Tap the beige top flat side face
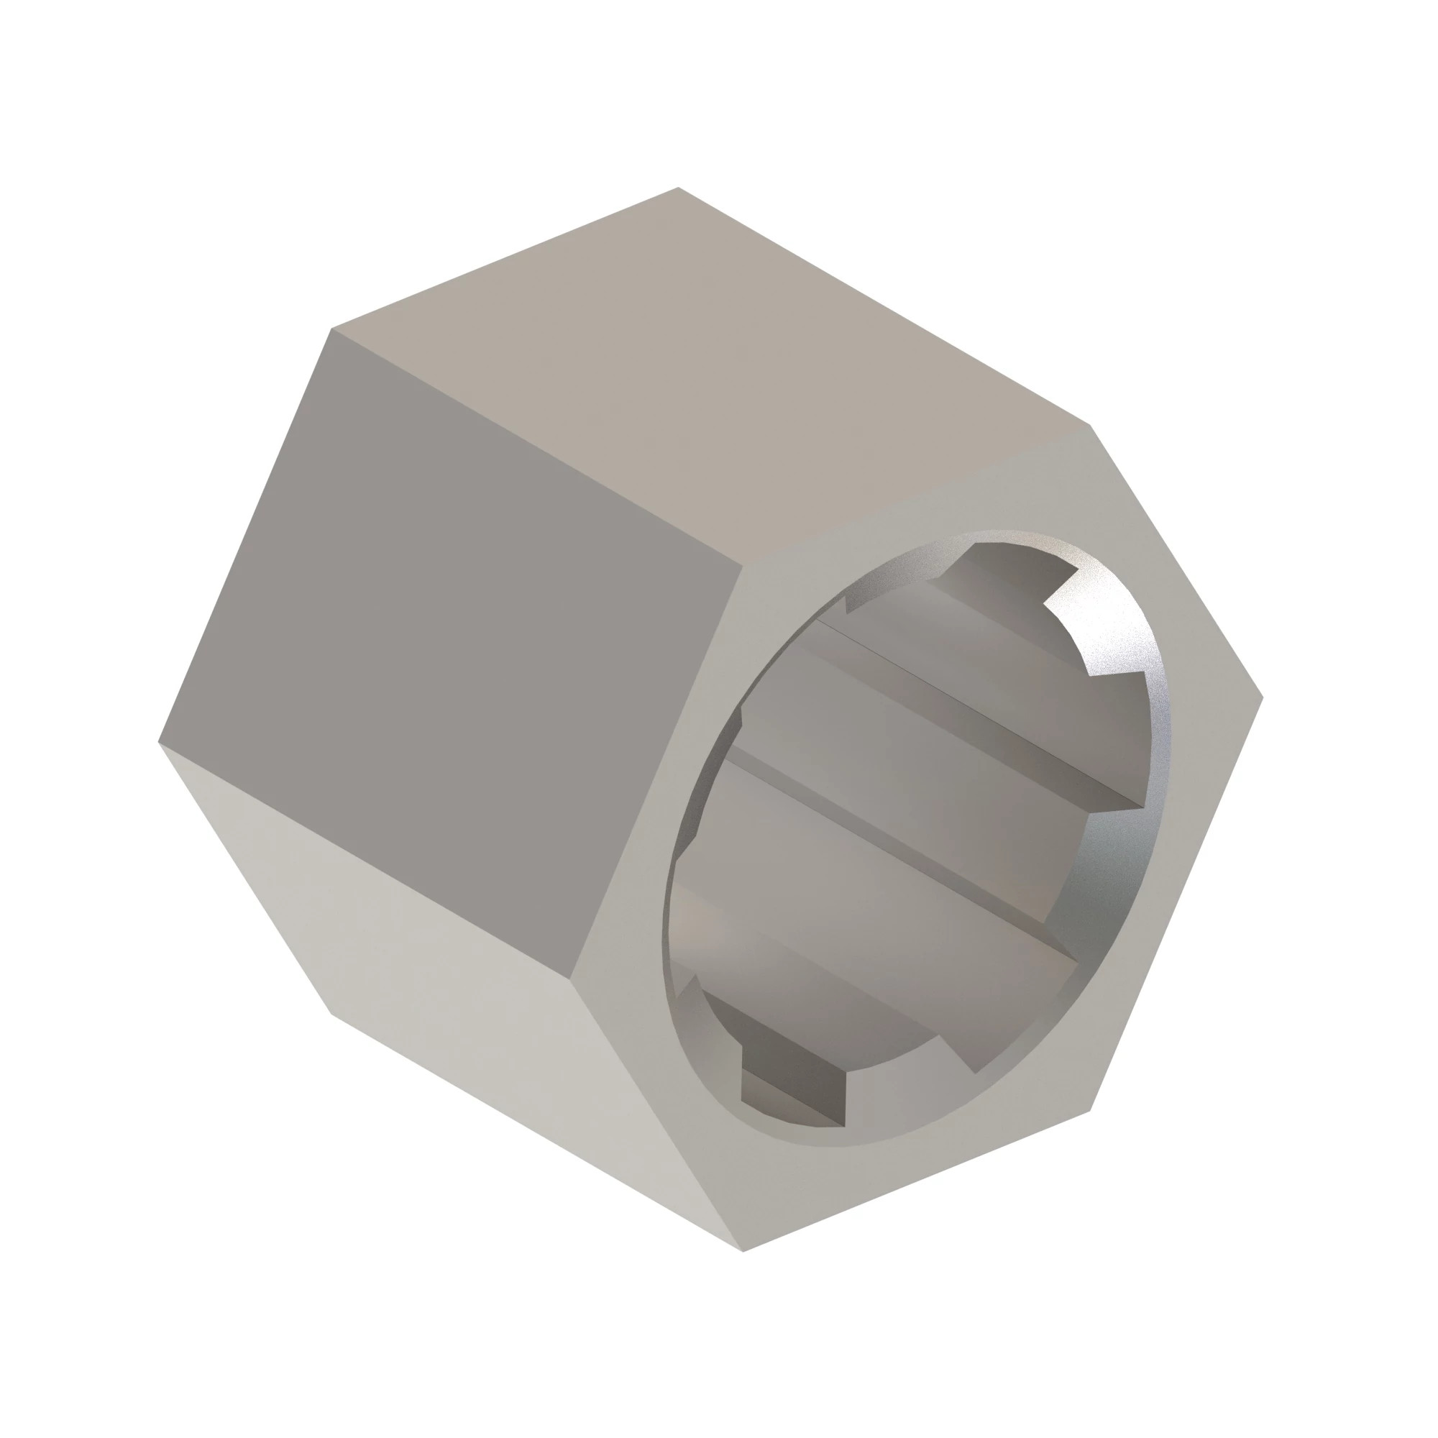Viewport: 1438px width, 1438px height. click(707, 372)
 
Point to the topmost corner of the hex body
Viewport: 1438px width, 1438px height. click(678, 188)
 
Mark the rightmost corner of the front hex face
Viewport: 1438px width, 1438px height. click(1263, 698)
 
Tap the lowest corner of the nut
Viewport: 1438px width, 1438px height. click(743, 1250)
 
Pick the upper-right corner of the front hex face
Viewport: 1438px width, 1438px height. click(1090, 426)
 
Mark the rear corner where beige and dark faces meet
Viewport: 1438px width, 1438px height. click(332, 329)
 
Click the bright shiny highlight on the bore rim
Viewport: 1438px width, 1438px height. click(1139, 670)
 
